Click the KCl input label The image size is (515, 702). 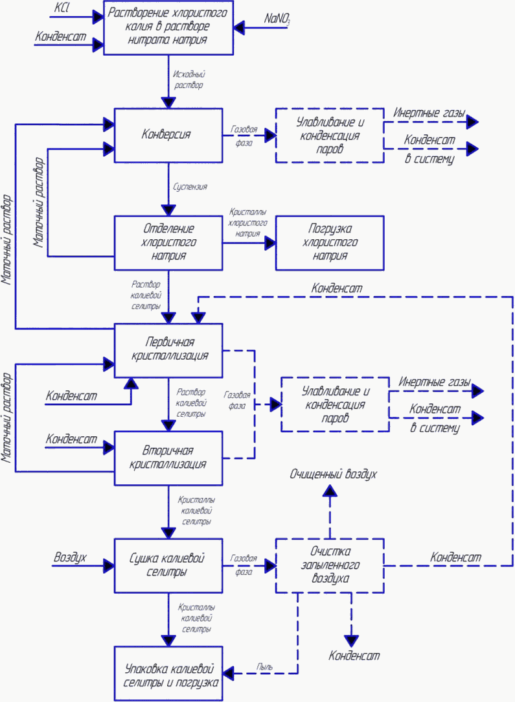pos(62,8)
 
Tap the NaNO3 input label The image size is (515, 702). pos(277,19)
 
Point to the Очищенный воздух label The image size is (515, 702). pos(334,474)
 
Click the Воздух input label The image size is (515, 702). pos(70,557)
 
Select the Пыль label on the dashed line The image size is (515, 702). pos(264,666)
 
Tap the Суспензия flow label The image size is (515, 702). pos(190,187)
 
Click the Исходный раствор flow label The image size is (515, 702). pos(189,80)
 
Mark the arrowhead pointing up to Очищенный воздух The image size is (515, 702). pos(330,491)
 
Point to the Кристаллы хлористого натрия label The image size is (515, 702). pos(247,222)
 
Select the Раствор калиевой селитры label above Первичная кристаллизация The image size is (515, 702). pos(146,296)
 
